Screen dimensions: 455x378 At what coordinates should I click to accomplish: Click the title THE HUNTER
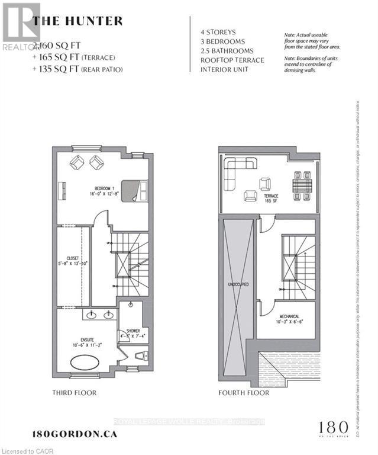(x=77, y=21)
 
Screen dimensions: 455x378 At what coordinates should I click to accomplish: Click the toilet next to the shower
(x=140, y=357)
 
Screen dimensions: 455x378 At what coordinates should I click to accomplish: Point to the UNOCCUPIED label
(x=238, y=284)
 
